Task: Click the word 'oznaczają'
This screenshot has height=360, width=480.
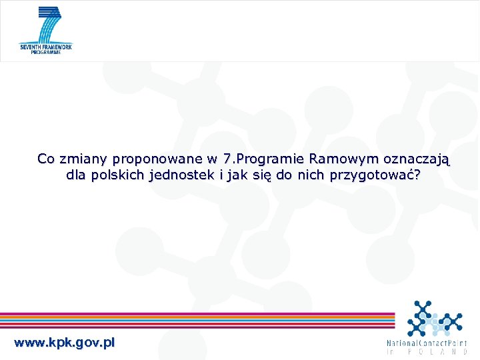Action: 418,160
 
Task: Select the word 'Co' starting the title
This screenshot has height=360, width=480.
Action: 46,159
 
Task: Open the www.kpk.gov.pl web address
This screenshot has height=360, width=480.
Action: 64,343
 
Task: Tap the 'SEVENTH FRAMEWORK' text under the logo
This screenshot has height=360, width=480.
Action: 46,47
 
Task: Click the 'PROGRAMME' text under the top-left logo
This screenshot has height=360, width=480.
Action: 46,52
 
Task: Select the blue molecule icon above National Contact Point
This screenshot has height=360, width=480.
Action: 434,318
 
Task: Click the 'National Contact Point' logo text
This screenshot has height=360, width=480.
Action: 427,343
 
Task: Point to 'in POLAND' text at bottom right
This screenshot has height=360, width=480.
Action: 427,351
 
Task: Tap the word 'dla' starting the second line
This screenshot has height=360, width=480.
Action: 76,175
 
